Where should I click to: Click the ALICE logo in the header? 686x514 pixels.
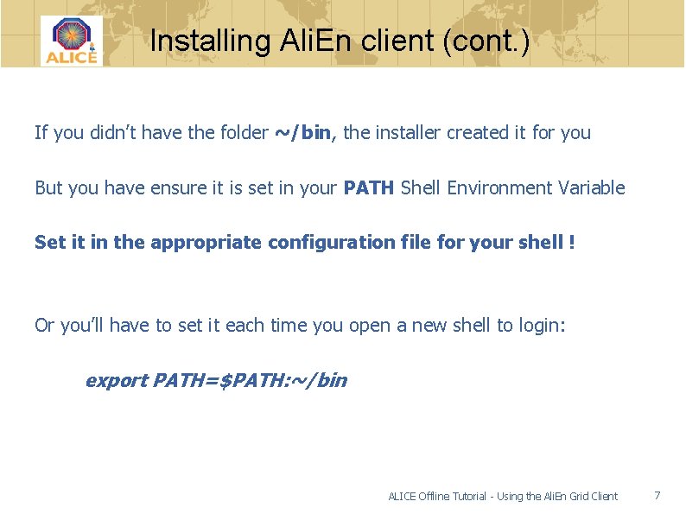tap(71, 41)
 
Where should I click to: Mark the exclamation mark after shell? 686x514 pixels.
tap(572, 243)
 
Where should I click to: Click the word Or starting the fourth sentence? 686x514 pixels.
tap(44, 325)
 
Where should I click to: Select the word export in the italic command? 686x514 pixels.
tap(116, 380)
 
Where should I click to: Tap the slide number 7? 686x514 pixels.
tap(657, 495)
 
